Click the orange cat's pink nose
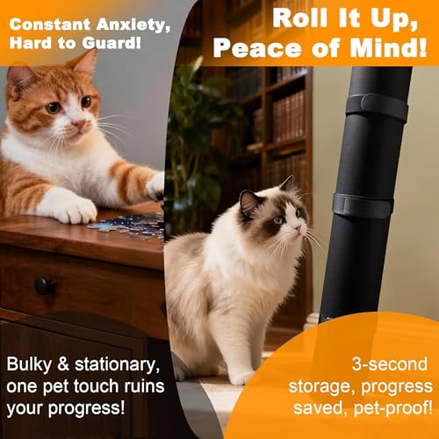pos(79,124)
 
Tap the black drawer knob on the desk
pos(45,285)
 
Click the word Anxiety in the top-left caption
pos(133,25)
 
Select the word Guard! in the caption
pos(112,43)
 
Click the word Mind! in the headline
pos(388,47)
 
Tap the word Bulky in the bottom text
pos(29,365)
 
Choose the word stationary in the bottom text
pos(118,365)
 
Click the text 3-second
pos(390,364)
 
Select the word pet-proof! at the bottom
pos(393,407)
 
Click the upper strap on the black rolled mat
pos(378,106)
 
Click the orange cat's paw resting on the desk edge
pos(76,210)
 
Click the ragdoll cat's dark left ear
pos(248,203)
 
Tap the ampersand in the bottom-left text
pos(63,364)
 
